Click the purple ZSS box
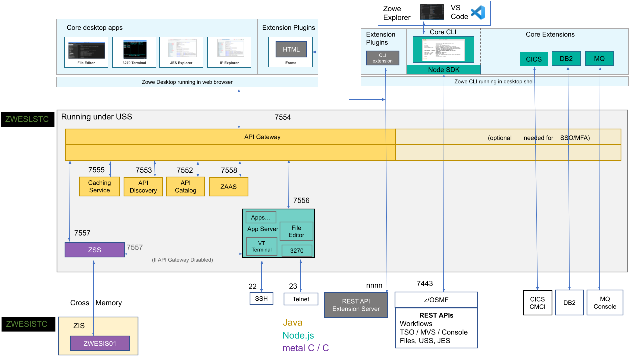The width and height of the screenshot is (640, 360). click(x=95, y=250)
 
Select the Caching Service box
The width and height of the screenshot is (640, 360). click(x=99, y=186)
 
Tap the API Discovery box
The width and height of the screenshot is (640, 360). click(x=143, y=186)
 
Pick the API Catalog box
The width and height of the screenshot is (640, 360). click(x=185, y=186)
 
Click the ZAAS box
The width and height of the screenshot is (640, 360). click(x=228, y=186)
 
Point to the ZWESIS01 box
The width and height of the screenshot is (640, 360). click(x=100, y=343)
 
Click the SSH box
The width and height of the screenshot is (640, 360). click(x=261, y=299)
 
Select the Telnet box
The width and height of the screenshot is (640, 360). click(x=301, y=299)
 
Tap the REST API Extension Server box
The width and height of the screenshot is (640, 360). click(x=356, y=305)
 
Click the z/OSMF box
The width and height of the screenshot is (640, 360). click(x=436, y=300)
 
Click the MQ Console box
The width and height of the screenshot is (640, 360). click(x=605, y=302)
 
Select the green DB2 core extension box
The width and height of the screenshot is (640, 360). click(x=566, y=59)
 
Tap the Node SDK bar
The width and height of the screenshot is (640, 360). click(x=443, y=70)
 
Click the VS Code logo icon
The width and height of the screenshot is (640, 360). click(x=478, y=13)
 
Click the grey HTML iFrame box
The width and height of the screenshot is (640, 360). click(x=291, y=49)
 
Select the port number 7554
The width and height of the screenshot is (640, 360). click(x=283, y=117)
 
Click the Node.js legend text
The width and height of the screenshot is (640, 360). click(x=298, y=336)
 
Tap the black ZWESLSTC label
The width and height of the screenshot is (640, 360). click(x=27, y=120)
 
